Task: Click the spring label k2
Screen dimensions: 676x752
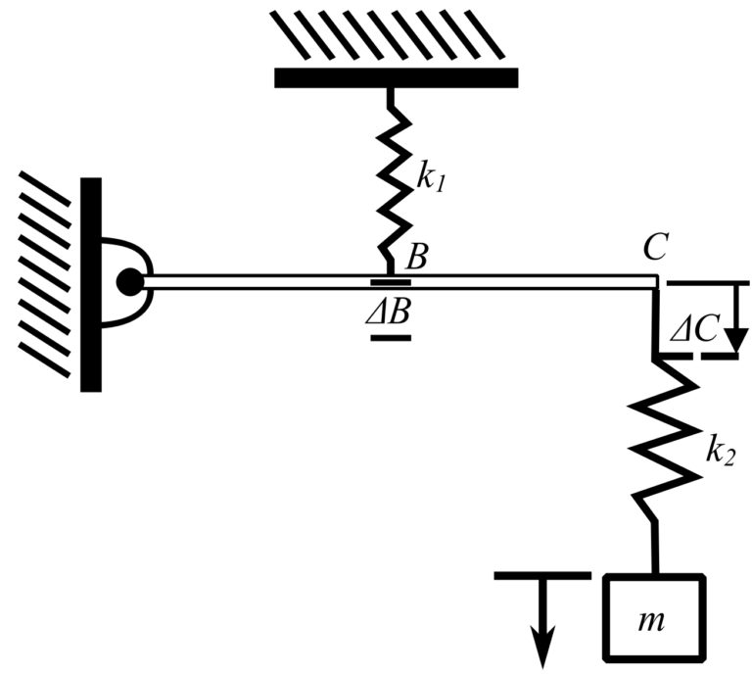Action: click(x=723, y=454)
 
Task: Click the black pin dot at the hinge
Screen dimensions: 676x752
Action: click(x=128, y=282)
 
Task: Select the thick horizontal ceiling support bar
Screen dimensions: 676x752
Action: click(x=395, y=78)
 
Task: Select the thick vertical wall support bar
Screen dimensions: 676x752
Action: click(x=91, y=284)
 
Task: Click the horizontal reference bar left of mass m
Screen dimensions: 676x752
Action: click(x=542, y=576)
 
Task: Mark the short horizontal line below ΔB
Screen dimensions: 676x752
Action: click(x=391, y=338)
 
